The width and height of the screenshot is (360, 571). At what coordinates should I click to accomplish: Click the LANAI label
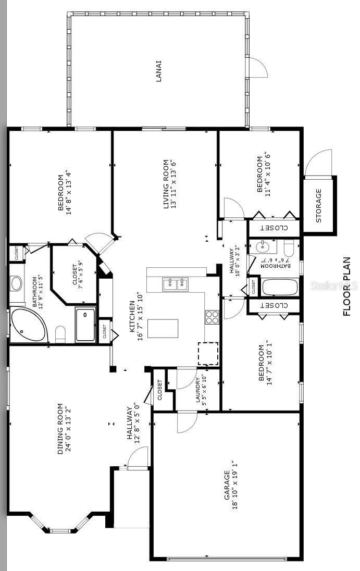(158, 71)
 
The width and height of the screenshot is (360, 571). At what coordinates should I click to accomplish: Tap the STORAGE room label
(318, 205)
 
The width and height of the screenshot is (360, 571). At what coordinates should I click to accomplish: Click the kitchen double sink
(175, 284)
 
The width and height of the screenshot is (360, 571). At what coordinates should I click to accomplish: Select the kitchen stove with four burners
(212, 317)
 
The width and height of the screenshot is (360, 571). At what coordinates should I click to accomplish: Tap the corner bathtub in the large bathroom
(28, 325)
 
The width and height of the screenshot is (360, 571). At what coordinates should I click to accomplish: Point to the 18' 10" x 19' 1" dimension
(235, 485)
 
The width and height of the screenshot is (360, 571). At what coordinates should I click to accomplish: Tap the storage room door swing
(318, 163)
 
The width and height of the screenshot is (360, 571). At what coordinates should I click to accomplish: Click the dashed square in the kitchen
(208, 354)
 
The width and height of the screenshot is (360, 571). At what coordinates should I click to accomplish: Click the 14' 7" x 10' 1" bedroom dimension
(268, 368)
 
